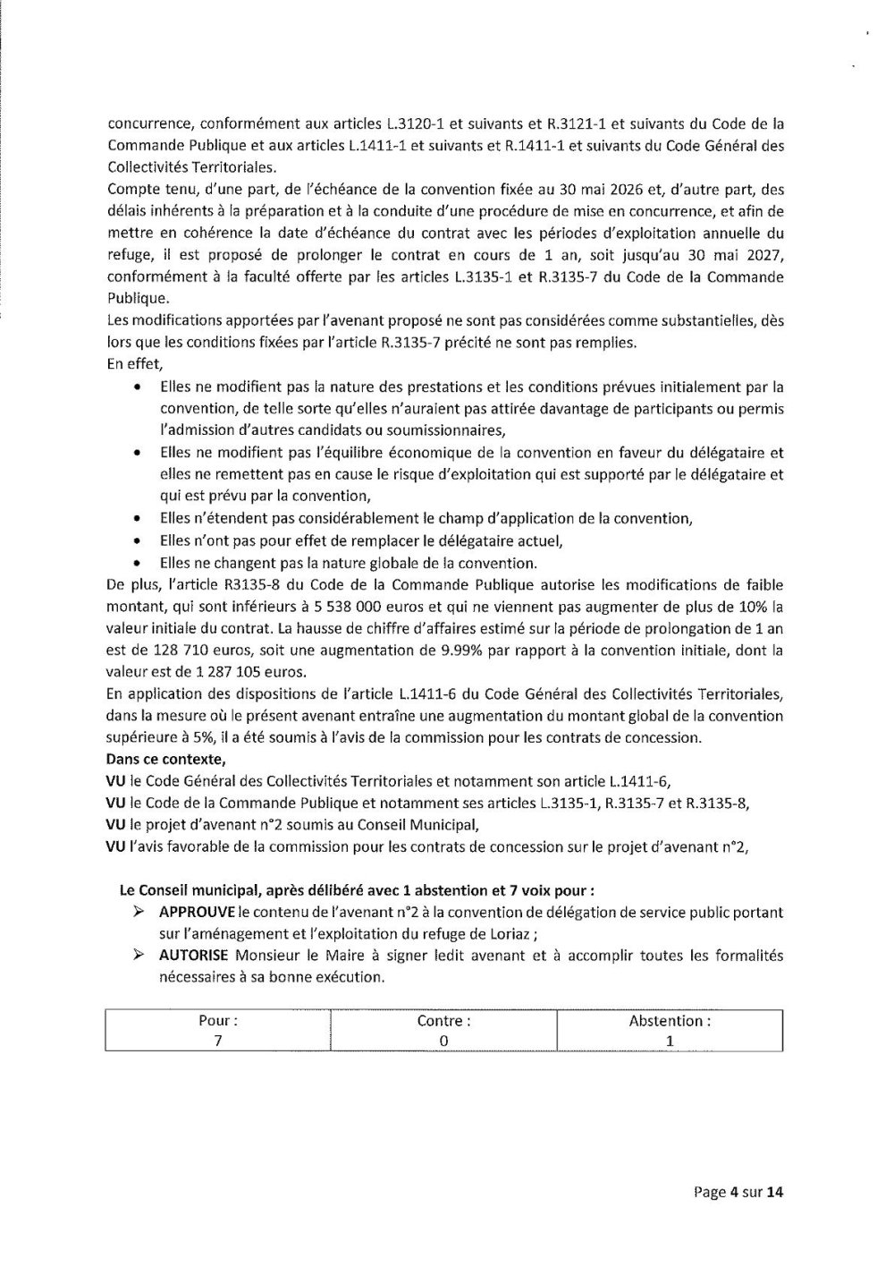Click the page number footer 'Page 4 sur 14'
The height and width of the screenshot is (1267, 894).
738,1191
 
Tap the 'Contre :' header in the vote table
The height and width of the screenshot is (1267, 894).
443,1021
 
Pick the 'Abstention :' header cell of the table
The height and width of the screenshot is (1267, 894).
669,1021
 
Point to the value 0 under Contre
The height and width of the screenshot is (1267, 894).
443,1041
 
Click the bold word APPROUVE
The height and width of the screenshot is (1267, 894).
197,912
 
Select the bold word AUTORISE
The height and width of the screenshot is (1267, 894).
194,956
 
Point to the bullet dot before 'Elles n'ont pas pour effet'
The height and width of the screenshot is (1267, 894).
136,541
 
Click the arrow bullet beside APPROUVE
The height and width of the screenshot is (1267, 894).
139,913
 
